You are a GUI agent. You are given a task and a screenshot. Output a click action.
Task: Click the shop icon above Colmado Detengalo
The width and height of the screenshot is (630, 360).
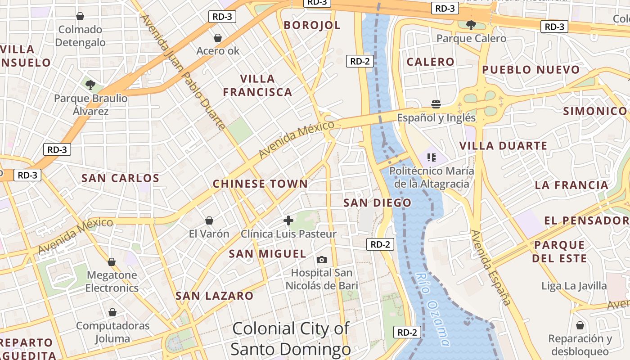pyautogui.click(x=80, y=17)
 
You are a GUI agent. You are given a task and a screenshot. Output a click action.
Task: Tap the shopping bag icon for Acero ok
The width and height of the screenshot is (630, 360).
pyautogui.click(x=218, y=38)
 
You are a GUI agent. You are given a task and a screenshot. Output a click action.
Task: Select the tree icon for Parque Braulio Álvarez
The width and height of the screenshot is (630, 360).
pyautogui.click(x=90, y=85)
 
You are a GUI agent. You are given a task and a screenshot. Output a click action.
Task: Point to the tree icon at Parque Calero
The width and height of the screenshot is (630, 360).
pyautogui.click(x=471, y=25)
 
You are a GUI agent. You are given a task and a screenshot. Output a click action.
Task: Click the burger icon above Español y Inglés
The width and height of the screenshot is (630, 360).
pyautogui.click(x=436, y=104)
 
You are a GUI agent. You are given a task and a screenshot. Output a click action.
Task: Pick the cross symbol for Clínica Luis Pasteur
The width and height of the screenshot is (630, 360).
pyautogui.click(x=288, y=220)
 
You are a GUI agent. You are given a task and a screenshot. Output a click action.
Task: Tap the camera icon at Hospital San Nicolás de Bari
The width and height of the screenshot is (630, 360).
pyautogui.click(x=322, y=260)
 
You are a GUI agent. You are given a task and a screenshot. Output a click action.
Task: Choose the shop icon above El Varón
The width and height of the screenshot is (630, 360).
pyautogui.click(x=209, y=220)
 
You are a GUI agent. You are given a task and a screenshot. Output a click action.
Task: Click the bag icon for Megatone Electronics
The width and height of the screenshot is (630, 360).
pyautogui.click(x=112, y=262)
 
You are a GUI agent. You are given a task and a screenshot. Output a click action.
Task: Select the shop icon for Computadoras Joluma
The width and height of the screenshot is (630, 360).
pyautogui.click(x=112, y=312)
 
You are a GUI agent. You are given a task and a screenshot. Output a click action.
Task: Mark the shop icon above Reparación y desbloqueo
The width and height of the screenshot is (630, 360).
pyautogui.click(x=580, y=325)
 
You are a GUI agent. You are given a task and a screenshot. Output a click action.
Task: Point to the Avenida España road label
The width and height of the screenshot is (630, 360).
pyautogui.click(x=491, y=267)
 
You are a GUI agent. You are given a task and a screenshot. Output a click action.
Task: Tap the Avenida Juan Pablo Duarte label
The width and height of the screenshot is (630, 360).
pyautogui.click(x=184, y=72)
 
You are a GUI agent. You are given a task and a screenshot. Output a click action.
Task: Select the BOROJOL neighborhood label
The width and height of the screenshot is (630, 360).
pyautogui.click(x=312, y=25)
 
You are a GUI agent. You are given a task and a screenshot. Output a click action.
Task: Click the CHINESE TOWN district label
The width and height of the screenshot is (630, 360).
pyautogui.click(x=260, y=184)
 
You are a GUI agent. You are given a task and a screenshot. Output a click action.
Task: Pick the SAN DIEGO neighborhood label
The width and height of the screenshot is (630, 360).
pyautogui.click(x=377, y=203)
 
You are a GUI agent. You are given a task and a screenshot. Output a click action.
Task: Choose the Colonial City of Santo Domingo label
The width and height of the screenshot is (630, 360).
pyautogui.click(x=291, y=338)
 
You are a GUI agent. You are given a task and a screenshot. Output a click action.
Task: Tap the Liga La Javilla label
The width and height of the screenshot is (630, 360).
pyautogui.click(x=574, y=286)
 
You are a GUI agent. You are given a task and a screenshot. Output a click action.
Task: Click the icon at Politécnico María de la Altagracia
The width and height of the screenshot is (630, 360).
pyautogui.click(x=432, y=157)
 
